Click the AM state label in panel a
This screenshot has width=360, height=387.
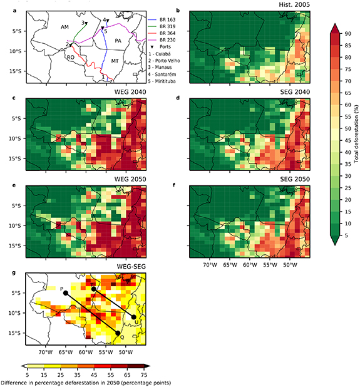(64, 28)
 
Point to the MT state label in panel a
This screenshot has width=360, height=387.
(115, 61)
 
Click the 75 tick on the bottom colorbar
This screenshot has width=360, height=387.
(162, 373)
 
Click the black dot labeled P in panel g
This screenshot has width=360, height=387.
(66, 293)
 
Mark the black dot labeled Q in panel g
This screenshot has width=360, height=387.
(118, 333)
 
